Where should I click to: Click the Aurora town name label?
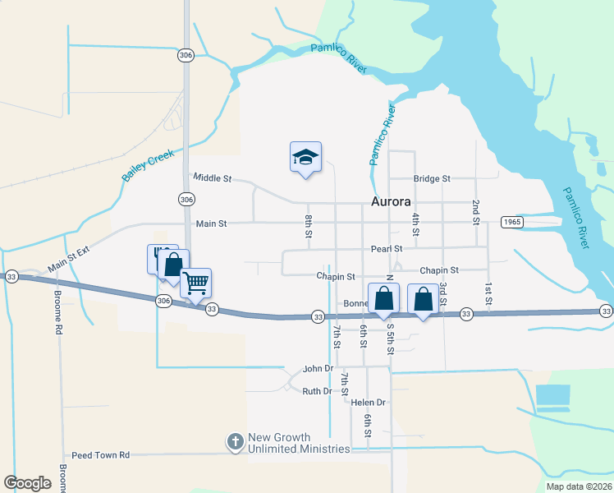391,202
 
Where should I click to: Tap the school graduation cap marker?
305,157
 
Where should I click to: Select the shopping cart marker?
196,283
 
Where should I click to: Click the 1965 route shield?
511,223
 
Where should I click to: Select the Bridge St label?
432,178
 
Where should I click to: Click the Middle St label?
213,177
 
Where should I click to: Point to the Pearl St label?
387,248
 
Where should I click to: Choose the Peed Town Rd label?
101,454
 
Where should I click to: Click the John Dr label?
318,369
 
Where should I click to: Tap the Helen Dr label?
368,403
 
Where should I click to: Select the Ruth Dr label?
317,392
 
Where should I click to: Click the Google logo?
27,483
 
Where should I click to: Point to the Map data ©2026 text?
579,486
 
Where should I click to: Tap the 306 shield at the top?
186,55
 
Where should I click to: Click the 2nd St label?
475,211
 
